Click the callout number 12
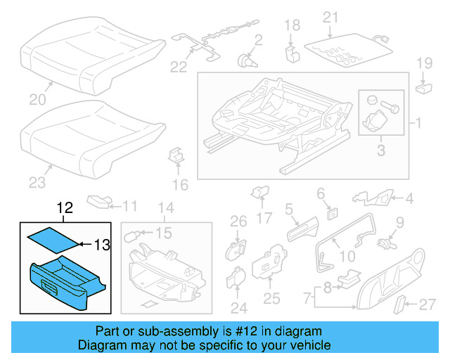64,208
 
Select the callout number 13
102,245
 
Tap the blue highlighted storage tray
66,282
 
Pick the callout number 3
381,149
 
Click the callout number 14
165,207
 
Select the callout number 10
348,257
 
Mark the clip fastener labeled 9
385,243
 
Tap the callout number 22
179,67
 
